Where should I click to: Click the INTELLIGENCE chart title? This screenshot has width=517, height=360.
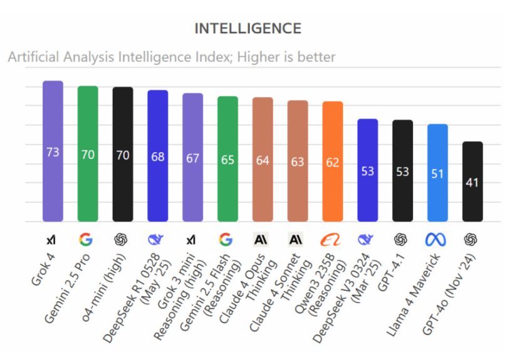tap(248, 29)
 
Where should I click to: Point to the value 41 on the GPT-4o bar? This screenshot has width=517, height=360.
tap(473, 183)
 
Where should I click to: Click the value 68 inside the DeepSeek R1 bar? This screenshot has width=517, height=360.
tap(157, 156)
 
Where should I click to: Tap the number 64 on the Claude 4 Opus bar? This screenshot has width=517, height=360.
tap(263, 160)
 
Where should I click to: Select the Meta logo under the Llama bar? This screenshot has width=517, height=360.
tap(437, 239)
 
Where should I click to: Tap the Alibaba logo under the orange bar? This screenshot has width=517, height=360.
tap(332, 239)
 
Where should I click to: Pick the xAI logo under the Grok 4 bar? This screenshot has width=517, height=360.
tap(53, 239)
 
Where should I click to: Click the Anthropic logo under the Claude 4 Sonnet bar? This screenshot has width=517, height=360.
tap(297, 239)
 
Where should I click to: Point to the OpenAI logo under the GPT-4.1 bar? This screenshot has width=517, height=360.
tap(402, 239)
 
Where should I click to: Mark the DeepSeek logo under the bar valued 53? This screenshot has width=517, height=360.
tap(367, 239)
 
